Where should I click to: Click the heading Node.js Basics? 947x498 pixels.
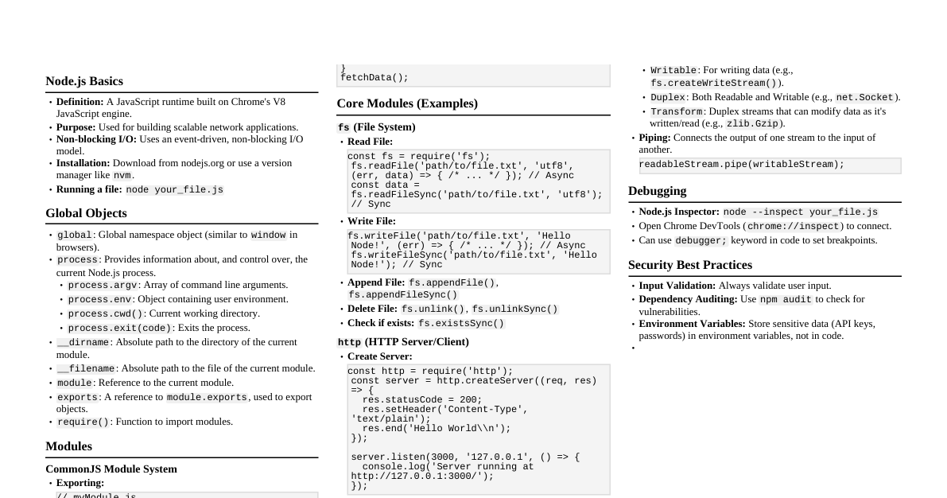click(84, 81)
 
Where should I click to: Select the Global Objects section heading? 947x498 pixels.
click(86, 213)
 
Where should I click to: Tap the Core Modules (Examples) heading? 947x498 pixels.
click(407, 103)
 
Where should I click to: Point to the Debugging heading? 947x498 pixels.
click(657, 191)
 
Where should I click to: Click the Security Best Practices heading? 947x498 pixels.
click(689, 265)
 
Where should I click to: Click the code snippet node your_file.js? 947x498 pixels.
click(174, 190)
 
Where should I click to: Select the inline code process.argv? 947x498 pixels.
click(103, 285)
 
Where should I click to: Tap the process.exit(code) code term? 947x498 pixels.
click(119, 328)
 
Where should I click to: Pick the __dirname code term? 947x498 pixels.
click(83, 342)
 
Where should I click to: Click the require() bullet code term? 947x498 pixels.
click(83, 422)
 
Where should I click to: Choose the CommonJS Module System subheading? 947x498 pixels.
click(111, 469)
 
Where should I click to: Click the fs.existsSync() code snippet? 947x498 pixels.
click(461, 324)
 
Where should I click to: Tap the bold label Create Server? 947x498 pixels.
click(380, 356)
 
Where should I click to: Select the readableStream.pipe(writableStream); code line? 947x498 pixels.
click(741, 165)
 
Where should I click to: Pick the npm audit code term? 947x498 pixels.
click(786, 300)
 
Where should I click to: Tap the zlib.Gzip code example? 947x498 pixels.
click(751, 124)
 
